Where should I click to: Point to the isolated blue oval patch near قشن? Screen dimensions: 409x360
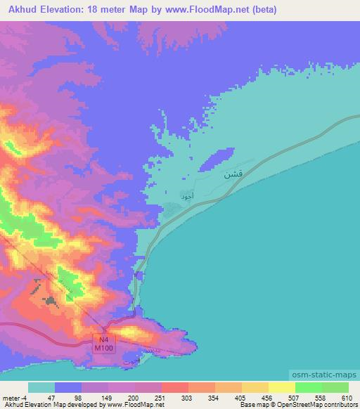(214, 159)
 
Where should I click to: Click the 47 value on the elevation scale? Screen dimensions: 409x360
(51, 398)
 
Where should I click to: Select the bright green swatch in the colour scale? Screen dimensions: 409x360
(309, 387)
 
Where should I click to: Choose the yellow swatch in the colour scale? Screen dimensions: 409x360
(282, 387)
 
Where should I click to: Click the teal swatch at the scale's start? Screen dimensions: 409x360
(41, 387)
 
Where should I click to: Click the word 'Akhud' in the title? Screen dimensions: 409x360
(19, 10)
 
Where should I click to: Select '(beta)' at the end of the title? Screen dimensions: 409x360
(262, 10)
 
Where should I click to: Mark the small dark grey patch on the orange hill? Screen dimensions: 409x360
(50, 301)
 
